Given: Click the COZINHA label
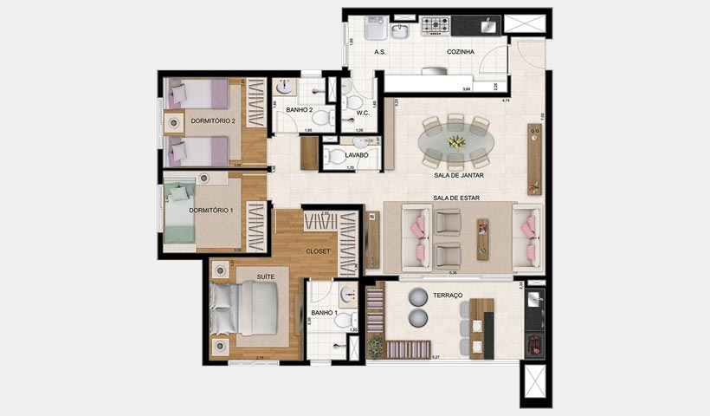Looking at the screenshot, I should (460, 52).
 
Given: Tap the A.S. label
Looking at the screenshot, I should (379, 52).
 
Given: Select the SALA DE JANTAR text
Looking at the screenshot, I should (458, 175).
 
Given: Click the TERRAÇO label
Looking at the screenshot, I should (449, 296).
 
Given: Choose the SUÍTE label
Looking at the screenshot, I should (256, 276).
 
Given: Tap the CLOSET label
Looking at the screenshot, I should (317, 250).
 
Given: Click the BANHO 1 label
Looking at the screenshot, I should (324, 311).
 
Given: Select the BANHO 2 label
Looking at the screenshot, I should (299, 110).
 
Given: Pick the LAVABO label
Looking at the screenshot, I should (356, 155).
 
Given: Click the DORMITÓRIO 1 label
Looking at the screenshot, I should (212, 211).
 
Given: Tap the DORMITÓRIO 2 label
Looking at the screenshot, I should (212, 120).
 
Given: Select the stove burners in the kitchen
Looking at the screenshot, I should (436, 26).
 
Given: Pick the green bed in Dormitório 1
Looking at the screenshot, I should (187, 213).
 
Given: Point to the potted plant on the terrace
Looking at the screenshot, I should (375, 348).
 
